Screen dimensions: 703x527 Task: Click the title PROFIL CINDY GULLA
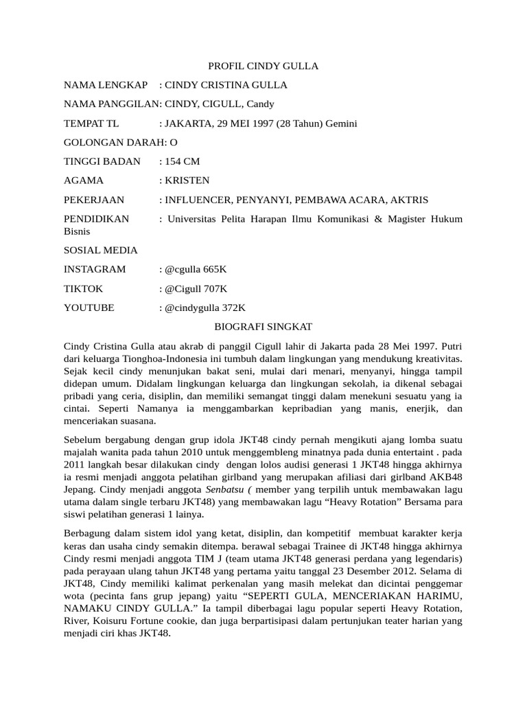(x=263, y=66)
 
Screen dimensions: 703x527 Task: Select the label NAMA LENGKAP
(x=106, y=85)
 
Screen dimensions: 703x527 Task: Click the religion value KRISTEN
(x=187, y=181)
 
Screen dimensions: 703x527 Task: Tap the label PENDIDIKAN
(x=97, y=219)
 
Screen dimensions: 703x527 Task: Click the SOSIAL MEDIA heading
(x=101, y=251)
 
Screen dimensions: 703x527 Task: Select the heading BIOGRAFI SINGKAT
(x=263, y=327)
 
